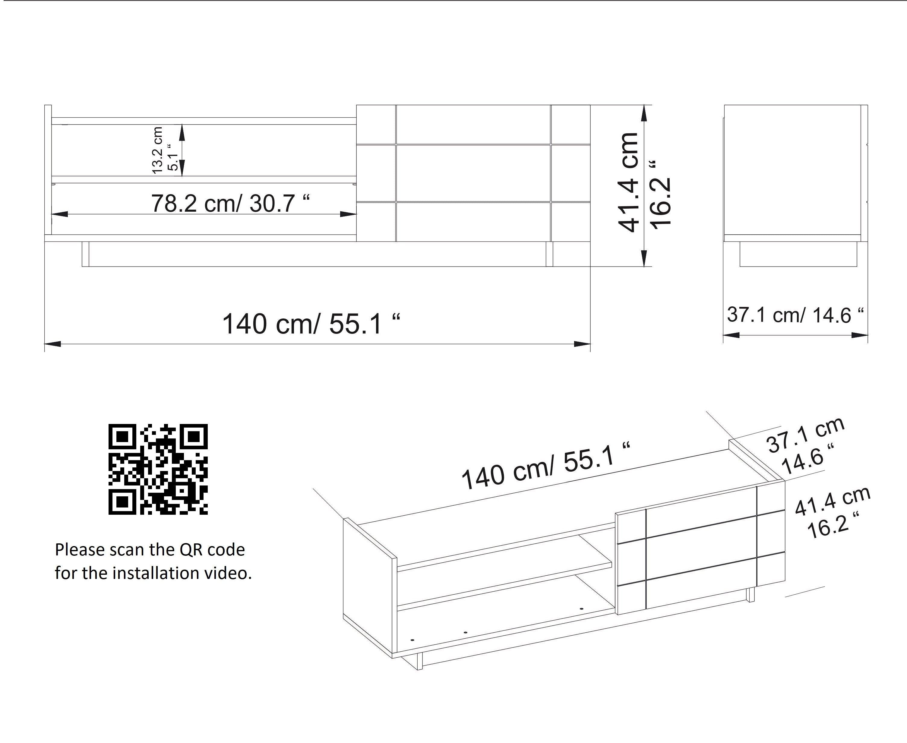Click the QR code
point(158,469)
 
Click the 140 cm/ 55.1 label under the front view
point(311,324)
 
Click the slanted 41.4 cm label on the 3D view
point(833,501)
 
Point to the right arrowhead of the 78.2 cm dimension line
point(349,213)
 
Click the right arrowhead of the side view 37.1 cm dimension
point(860,335)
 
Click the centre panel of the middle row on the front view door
point(473,173)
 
